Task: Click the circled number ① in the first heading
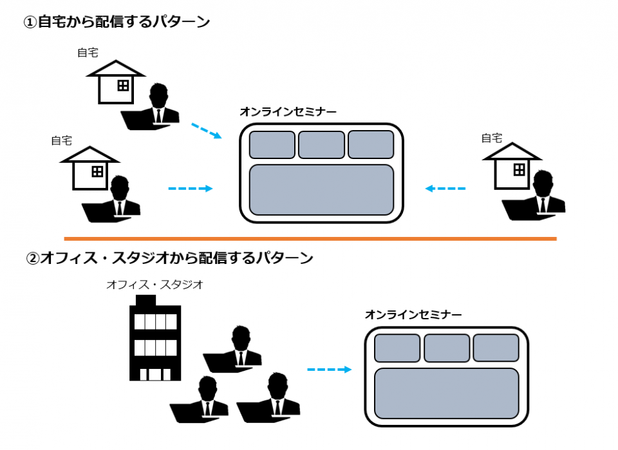(30, 22)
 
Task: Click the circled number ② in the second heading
(33, 259)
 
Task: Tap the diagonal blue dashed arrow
(206, 131)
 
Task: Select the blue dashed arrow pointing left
(445, 189)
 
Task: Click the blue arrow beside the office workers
(329, 370)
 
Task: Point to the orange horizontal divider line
(310, 238)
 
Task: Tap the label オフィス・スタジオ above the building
(154, 284)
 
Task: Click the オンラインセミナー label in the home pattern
(288, 112)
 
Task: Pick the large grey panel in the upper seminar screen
(321, 190)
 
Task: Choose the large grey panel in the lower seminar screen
(446, 393)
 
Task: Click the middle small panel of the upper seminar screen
(321, 144)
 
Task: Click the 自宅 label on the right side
(492, 138)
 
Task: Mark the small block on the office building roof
(146, 301)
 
